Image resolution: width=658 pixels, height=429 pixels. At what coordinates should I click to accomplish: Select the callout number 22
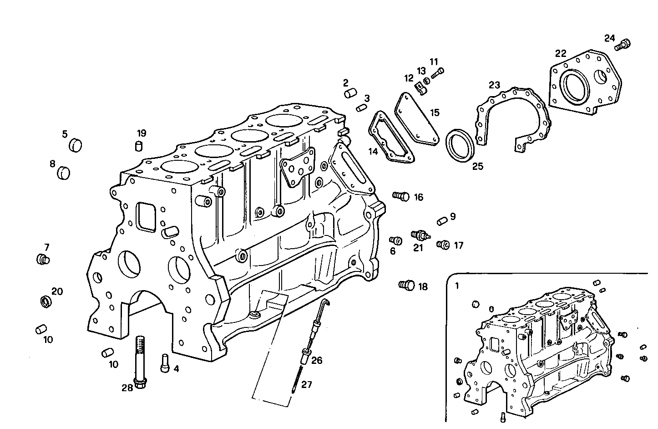(x=561, y=53)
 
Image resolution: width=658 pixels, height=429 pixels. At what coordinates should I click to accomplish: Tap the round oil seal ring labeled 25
(x=460, y=144)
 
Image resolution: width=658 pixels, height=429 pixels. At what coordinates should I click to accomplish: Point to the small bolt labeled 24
(x=623, y=45)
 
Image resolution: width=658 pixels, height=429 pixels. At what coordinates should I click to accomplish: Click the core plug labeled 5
(x=75, y=145)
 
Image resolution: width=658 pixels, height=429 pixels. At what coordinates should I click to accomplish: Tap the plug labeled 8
(x=65, y=173)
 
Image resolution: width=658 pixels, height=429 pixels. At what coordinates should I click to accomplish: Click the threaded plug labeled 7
(x=42, y=260)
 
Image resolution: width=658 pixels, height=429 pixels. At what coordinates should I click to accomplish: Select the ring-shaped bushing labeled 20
(x=46, y=301)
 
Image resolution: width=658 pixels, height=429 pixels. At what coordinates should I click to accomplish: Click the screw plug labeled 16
(x=401, y=196)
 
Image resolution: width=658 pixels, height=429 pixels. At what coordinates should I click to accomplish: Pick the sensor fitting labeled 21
(x=420, y=235)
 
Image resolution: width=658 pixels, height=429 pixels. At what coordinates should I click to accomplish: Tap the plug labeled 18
(x=407, y=286)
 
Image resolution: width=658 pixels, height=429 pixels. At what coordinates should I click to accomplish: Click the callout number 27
(x=307, y=385)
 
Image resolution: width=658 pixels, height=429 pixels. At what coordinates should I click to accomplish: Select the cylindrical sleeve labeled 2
(x=349, y=94)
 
